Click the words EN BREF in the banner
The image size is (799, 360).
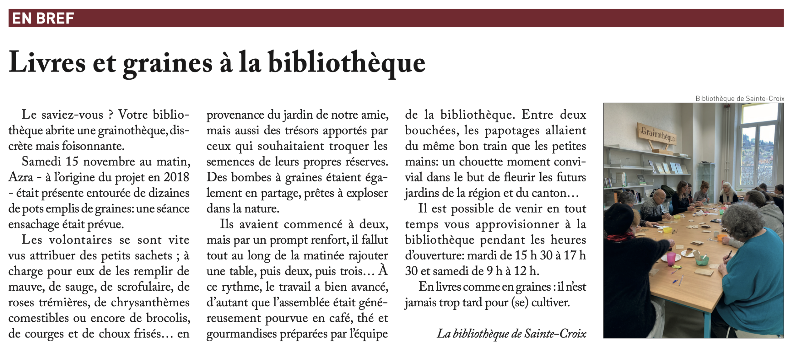[x=43, y=18]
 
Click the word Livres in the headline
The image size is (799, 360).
[x=47, y=62]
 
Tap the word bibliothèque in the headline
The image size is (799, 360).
[x=346, y=62]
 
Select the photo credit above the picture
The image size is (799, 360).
[x=740, y=99]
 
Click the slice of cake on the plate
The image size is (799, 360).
[x=689, y=252]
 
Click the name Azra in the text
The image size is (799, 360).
[x=21, y=177]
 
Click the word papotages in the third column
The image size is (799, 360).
[x=512, y=131]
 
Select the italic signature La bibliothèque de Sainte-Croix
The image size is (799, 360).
[x=511, y=334]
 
